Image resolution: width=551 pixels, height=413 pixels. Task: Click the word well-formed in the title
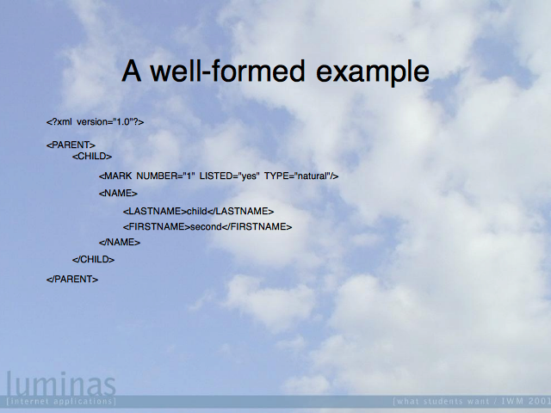[x=227, y=71]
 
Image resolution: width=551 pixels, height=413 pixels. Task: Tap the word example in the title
[x=373, y=73]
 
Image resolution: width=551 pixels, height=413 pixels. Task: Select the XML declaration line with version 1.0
[x=96, y=122]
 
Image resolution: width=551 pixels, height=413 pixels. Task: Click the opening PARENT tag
[x=71, y=145]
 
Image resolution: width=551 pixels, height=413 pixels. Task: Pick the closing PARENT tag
[x=72, y=279]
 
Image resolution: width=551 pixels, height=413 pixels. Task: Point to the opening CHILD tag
[x=92, y=157]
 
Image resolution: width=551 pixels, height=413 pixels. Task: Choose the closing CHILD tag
[x=94, y=260]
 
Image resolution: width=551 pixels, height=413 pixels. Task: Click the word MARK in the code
[x=118, y=176]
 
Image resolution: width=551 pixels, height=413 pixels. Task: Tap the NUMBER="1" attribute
[x=165, y=176]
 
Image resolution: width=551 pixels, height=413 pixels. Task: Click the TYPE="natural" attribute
[x=298, y=176]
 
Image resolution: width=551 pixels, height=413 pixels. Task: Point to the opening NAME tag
[x=118, y=193]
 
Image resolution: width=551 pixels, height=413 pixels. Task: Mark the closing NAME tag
[x=120, y=243]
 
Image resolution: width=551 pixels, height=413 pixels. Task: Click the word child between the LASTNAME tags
[x=197, y=211]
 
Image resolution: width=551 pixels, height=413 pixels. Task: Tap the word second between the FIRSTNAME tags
[x=206, y=227]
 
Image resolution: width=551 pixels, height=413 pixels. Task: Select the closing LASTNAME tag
[x=240, y=211]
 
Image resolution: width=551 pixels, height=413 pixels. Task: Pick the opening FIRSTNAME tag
[x=157, y=227]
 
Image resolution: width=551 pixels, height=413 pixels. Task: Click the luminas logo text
[x=61, y=384]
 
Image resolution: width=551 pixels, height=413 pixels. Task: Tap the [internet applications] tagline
[x=61, y=401]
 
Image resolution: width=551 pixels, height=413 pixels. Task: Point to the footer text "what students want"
[x=441, y=401]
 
